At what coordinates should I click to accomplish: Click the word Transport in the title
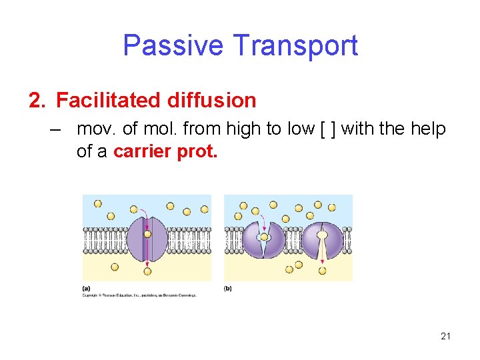pyautogui.click(x=295, y=46)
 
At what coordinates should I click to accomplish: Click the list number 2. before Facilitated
pyautogui.click(x=38, y=101)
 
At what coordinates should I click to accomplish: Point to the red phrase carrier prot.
pyautogui.click(x=165, y=151)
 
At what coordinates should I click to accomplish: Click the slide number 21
pyautogui.click(x=445, y=336)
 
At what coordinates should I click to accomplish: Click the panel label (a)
pyautogui.click(x=86, y=288)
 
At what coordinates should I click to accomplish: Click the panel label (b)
pyautogui.click(x=228, y=288)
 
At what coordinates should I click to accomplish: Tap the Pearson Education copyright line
pyautogui.click(x=139, y=294)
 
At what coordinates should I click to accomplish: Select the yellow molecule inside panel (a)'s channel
pyautogui.click(x=147, y=235)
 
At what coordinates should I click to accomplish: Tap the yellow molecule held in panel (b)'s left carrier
pyautogui.click(x=264, y=237)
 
